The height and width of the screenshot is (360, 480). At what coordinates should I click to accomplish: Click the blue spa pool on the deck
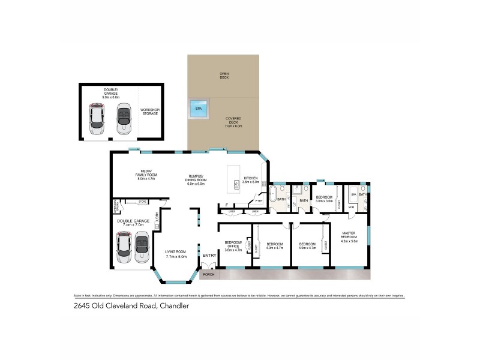coord(198,109)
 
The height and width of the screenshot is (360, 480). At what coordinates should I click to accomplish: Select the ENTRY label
coord(209,256)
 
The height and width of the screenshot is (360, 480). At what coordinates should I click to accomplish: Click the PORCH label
coord(209,274)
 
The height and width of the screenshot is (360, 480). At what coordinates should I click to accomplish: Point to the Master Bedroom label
coord(350,236)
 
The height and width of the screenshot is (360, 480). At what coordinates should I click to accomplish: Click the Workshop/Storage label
coord(149,112)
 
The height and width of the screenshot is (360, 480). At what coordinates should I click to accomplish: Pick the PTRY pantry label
coord(259,201)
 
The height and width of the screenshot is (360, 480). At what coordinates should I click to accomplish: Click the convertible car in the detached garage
coord(123,118)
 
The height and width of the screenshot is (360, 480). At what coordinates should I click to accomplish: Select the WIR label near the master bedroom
coord(352,207)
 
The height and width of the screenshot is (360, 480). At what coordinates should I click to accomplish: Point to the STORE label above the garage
coord(142,202)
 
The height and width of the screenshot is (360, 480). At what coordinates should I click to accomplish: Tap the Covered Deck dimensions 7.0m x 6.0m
coord(233,126)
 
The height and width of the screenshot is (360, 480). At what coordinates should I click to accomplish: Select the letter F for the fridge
coord(226,205)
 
